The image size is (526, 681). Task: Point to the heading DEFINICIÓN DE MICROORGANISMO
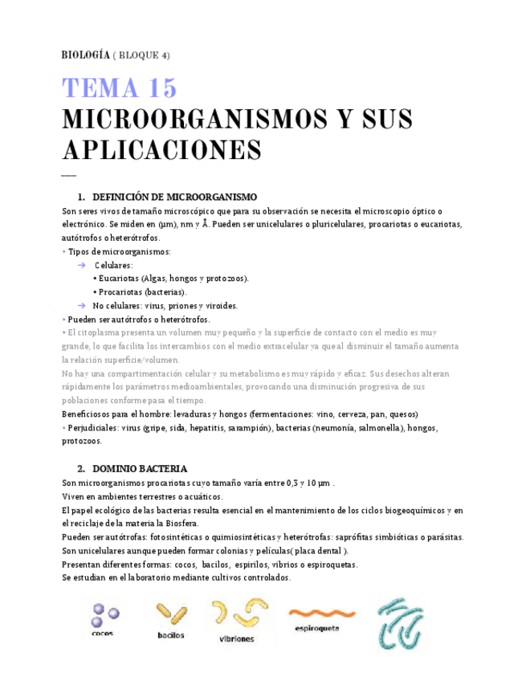coord(174,197)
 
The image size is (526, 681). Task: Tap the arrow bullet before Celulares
coord(81,265)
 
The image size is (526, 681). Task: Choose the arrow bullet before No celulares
coord(81,306)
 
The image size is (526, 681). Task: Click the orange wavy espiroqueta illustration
coord(322,612)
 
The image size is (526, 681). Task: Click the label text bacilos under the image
coord(170,635)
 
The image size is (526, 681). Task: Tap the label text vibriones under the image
coord(236,639)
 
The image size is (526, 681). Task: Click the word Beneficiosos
coord(88,414)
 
